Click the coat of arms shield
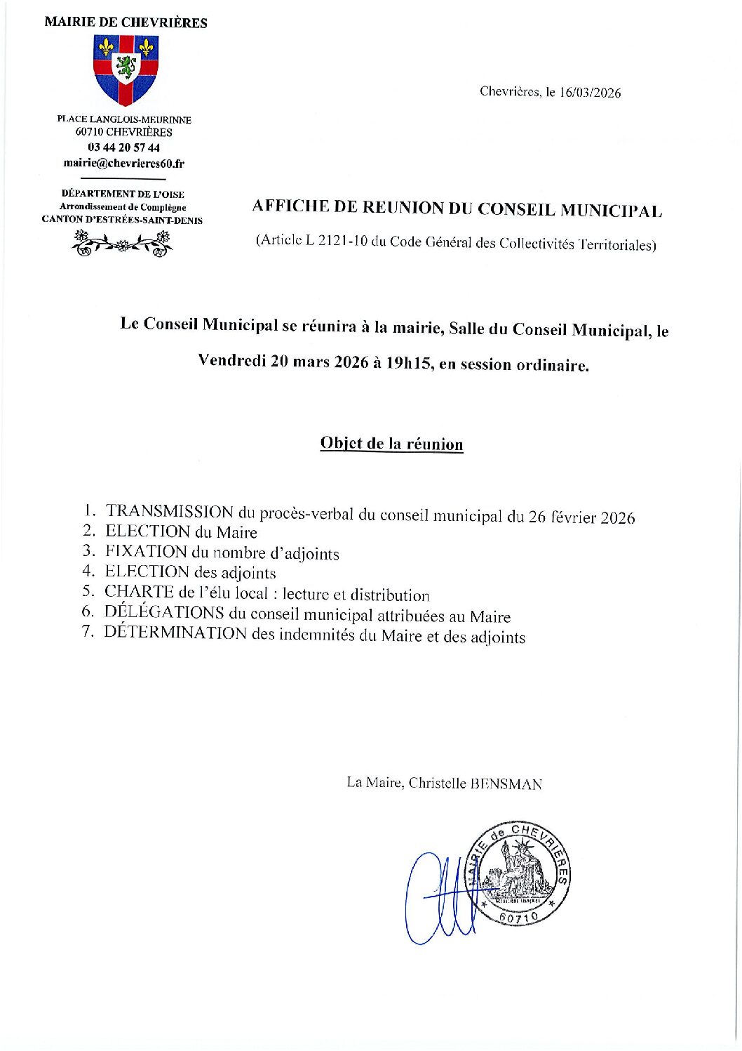[x=126, y=69]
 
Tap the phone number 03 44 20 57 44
[x=123, y=147]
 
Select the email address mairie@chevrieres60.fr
[x=123, y=164]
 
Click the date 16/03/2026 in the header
[x=590, y=93]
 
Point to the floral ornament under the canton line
[x=123, y=243]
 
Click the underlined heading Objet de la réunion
[x=391, y=444]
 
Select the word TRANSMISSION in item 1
[x=170, y=512]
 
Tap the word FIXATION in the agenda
[x=147, y=552]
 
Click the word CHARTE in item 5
[x=139, y=592]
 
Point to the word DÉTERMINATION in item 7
[x=175, y=633]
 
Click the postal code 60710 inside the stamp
[x=519, y=917]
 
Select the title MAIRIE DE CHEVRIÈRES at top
[x=126, y=22]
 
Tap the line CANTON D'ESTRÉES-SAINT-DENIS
[x=122, y=220]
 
